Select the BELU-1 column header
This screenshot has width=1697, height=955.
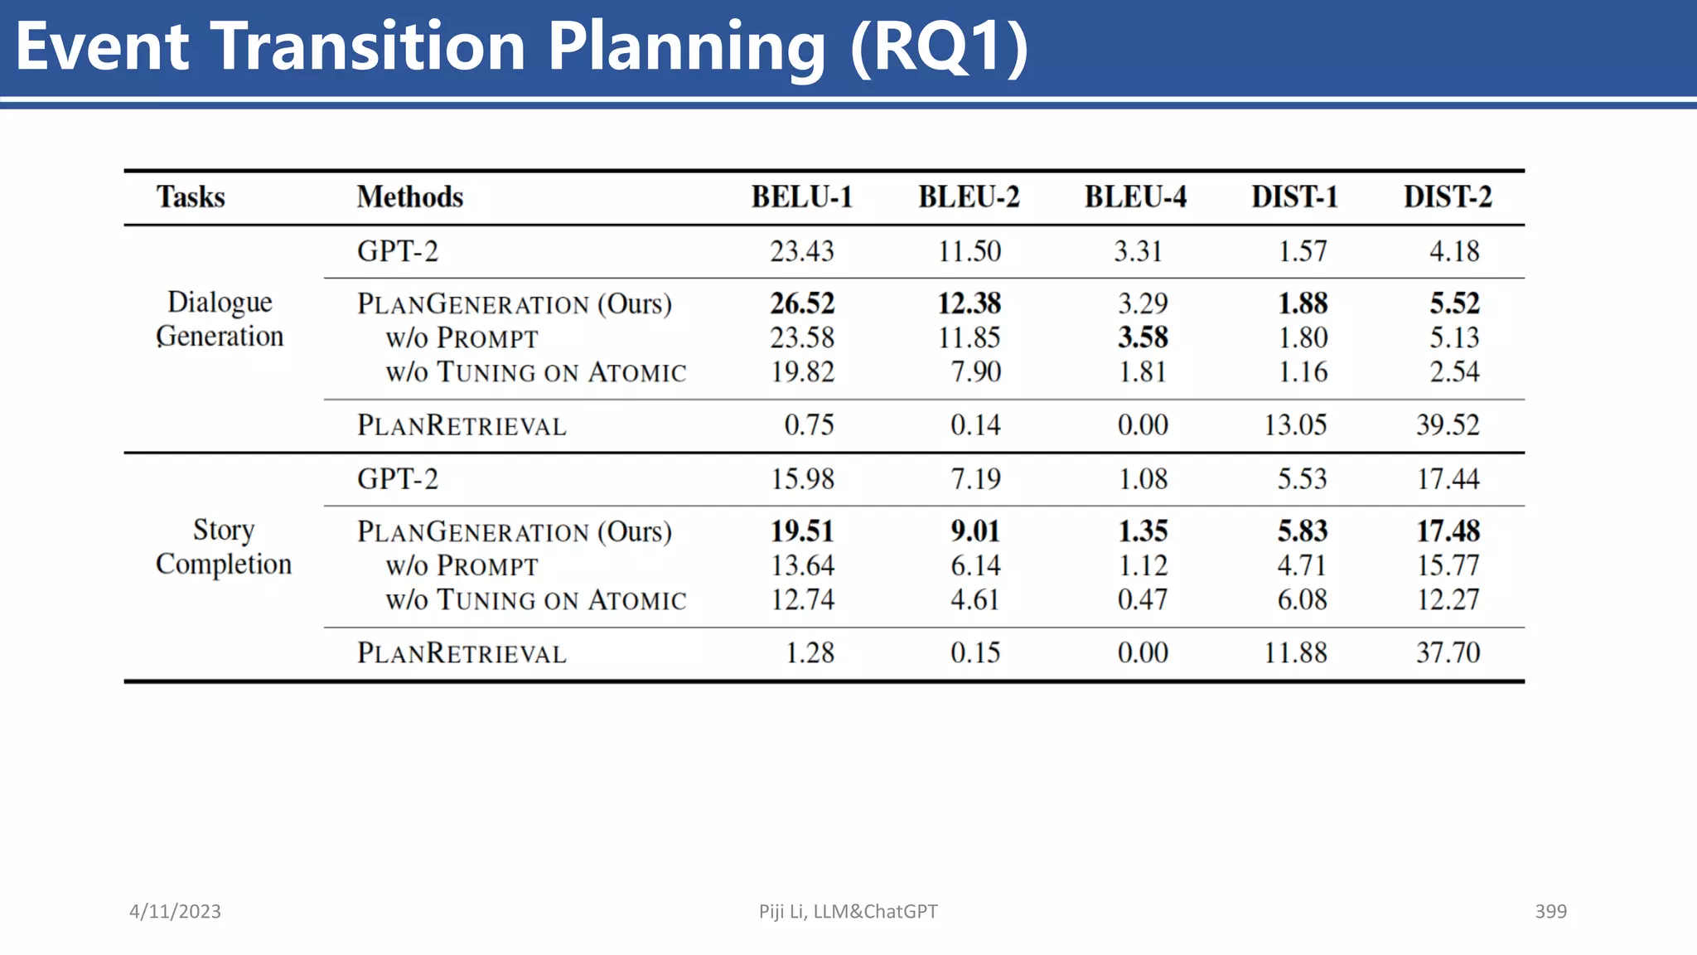(x=801, y=197)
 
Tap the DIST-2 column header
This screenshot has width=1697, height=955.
(x=1447, y=197)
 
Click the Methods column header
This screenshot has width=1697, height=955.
(x=409, y=197)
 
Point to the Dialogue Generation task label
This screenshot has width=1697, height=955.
(x=220, y=319)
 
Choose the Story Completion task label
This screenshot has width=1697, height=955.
(x=223, y=547)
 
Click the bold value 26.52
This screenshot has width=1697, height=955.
(x=802, y=303)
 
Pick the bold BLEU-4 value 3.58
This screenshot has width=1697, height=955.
(x=1143, y=337)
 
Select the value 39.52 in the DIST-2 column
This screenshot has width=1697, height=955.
(x=1447, y=425)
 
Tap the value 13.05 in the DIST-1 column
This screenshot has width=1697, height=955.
(x=1294, y=425)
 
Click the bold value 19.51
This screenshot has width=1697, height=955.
(x=802, y=531)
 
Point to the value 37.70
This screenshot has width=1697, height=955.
(x=1447, y=653)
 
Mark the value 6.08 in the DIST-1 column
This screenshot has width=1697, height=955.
(x=1302, y=599)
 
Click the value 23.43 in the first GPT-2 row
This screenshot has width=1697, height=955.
(x=801, y=251)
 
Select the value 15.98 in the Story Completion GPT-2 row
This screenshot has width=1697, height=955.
(x=802, y=479)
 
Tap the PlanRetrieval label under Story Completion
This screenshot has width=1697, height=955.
(x=462, y=653)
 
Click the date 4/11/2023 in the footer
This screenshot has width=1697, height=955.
(x=175, y=911)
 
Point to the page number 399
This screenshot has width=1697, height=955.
(x=1550, y=911)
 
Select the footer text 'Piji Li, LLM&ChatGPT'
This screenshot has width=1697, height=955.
(x=848, y=911)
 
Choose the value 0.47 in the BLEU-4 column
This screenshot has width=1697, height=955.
(x=1142, y=599)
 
